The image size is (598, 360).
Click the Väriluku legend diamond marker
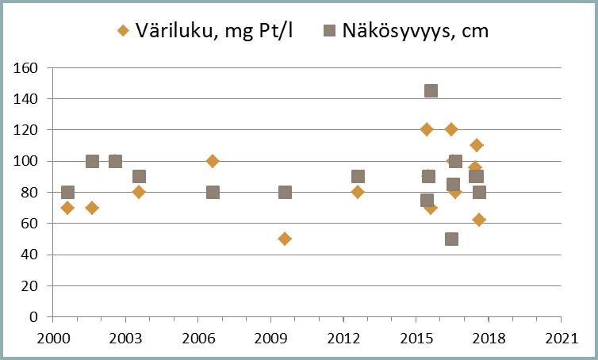(x=122, y=31)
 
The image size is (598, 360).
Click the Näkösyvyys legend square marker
(x=330, y=31)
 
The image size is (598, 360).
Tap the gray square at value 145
(x=431, y=90)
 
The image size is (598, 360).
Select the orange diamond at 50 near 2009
(x=285, y=239)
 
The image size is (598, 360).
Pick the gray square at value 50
(x=451, y=239)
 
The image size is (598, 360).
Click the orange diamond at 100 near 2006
(x=213, y=161)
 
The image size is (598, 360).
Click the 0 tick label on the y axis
(x=34, y=316)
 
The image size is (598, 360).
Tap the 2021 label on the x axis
(x=561, y=337)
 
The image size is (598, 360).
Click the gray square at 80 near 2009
(x=285, y=192)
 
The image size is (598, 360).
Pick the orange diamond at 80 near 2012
(x=358, y=192)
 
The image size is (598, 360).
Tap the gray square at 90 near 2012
(x=358, y=176)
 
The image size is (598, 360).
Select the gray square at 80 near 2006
(x=213, y=192)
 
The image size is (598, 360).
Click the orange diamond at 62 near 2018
(x=479, y=220)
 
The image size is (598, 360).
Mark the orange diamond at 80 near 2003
(x=139, y=192)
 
